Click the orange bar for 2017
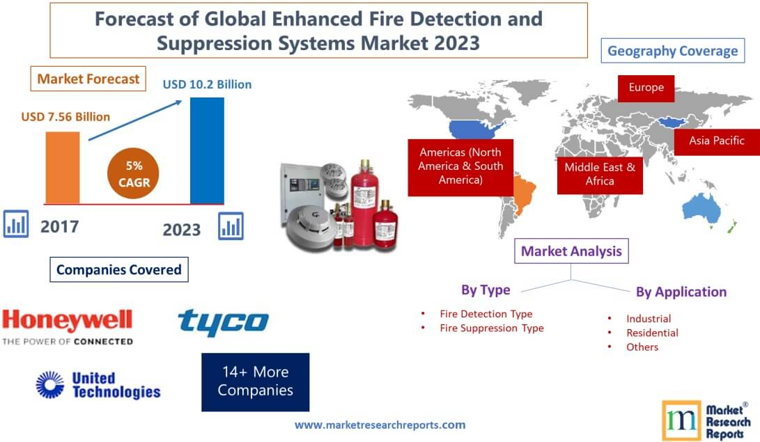coord(63,166)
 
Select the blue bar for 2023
coord(207,150)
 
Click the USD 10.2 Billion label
coord(207,84)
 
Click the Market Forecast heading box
coord(88,79)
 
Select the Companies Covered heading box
coord(118,269)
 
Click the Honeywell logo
coord(67,327)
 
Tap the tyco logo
coord(223,322)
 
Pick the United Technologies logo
coord(98,384)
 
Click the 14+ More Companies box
coord(255,381)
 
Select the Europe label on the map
coord(646,88)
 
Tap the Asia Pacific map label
coord(716,141)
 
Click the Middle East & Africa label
coord(600,173)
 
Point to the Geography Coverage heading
coord(672,51)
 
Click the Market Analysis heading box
coord(571,251)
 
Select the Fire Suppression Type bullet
coord(491,328)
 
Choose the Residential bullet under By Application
coord(651,333)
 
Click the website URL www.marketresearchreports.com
coord(380,424)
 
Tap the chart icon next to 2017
coord(16,225)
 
